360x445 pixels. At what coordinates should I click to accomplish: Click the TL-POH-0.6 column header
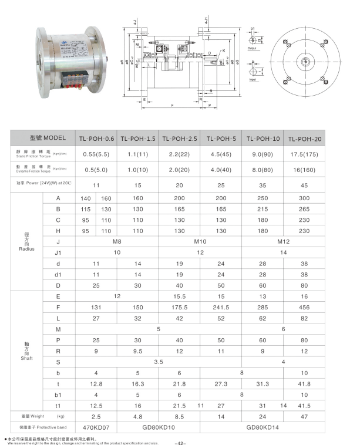97,139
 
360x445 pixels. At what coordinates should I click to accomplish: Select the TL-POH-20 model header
305,139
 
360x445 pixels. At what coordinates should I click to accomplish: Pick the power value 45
305,185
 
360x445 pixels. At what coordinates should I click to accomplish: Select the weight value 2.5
97,416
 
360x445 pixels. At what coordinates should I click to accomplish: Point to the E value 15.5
180,296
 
